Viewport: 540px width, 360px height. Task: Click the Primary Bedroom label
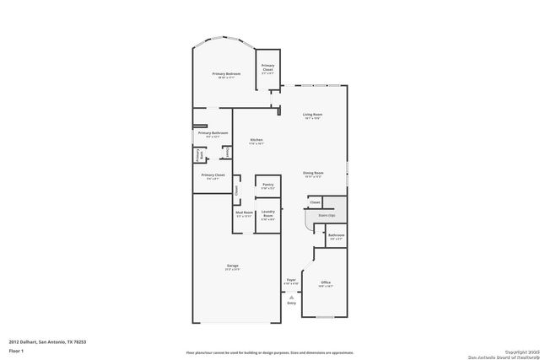click(x=225, y=74)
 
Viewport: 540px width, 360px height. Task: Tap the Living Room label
click(x=313, y=115)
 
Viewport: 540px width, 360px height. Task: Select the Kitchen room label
click(x=256, y=140)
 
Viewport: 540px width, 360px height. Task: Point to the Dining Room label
click(x=313, y=173)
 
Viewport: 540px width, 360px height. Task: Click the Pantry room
click(x=267, y=185)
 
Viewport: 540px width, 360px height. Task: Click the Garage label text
click(x=232, y=267)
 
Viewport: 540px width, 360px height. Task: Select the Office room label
click(x=325, y=282)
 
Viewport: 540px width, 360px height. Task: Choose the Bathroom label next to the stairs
click(x=336, y=235)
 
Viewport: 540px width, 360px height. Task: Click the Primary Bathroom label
click(x=213, y=133)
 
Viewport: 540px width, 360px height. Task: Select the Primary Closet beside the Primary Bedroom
click(x=267, y=67)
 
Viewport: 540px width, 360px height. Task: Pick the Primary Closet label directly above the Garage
click(x=213, y=175)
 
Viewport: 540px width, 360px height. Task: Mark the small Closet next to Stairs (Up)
click(x=315, y=202)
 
